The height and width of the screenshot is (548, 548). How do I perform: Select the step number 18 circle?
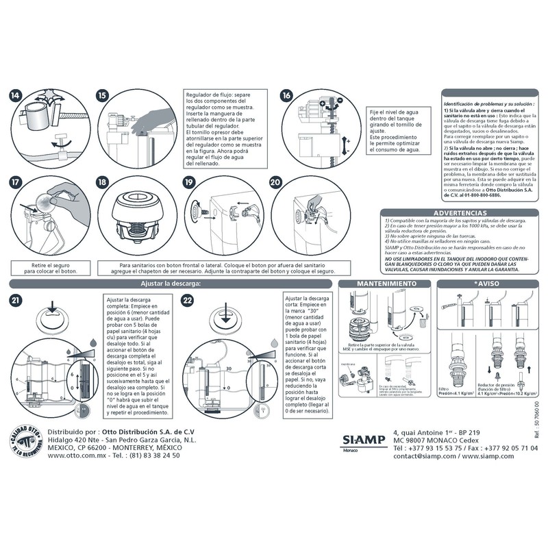103,182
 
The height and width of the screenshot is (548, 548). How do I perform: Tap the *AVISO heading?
489,284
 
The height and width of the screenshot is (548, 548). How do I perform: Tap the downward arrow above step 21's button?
53,304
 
